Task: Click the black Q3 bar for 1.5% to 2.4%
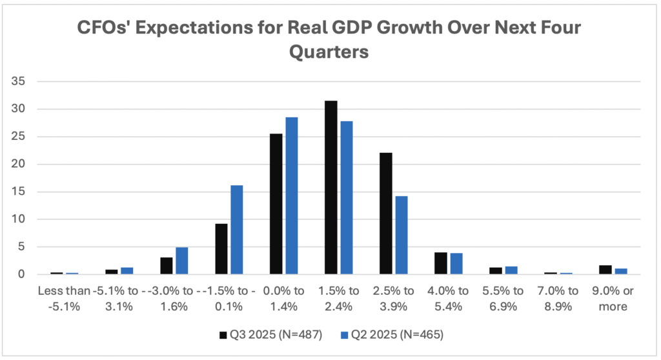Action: [x=330, y=188]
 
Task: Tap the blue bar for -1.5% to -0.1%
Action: [x=236, y=230]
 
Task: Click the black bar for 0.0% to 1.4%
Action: [x=276, y=204]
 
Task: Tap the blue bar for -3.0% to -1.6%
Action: [x=181, y=261]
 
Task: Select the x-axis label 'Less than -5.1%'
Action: [x=65, y=298]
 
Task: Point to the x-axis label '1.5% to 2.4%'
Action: [x=338, y=298]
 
